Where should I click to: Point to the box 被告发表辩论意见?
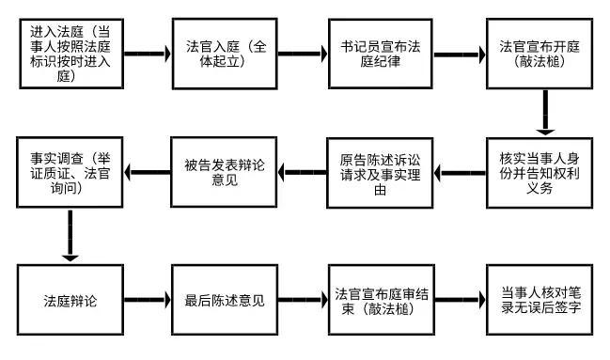(x=225, y=172)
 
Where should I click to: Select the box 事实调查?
(x=69, y=172)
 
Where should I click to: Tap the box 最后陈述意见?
(x=225, y=302)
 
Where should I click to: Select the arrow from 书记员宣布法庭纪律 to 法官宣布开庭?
(x=461, y=54)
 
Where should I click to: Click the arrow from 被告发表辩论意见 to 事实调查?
(x=147, y=172)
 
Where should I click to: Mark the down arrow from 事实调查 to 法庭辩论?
(x=69, y=234)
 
